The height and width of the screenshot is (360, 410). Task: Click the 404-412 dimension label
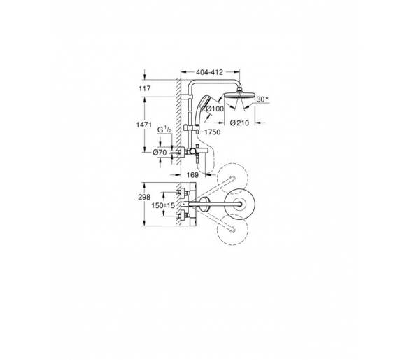pyautogui.click(x=210, y=72)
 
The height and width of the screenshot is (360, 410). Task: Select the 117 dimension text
pyautogui.click(x=145, y=88)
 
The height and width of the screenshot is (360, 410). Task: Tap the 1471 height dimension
pyautogui.click(x=143, y=125)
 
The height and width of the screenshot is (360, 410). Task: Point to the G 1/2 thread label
pyautogui.click(x=164, y=130)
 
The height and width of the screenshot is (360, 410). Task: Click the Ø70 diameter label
pyautogui.click(x=160, y=152)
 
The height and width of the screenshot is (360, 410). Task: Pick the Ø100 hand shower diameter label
pyautogui.click(x=215, y=109)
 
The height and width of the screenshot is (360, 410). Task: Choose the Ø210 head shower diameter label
pyautogui.click(x=239, y=123)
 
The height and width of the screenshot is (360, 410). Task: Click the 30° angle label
pyautogui.click(x=262, y=99)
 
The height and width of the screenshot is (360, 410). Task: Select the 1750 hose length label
pyautogui.click(x=212, y=132)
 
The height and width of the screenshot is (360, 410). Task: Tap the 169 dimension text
pyautogui.click(x=192, y=175)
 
